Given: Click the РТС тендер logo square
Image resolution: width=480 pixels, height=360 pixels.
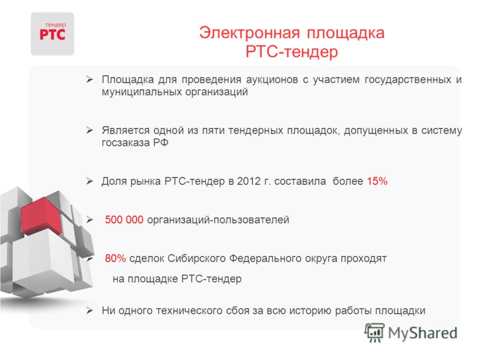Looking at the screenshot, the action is [52, 34].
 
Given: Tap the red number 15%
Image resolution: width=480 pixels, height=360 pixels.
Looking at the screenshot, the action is [377, 181].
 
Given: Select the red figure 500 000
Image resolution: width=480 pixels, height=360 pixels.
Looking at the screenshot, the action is [124, 220].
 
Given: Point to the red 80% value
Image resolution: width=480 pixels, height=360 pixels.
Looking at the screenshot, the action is [115, 259].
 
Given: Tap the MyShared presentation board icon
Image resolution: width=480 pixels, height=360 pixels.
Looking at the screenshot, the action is [374, 332].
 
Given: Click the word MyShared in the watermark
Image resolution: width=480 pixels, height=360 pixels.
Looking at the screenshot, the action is [422, 333].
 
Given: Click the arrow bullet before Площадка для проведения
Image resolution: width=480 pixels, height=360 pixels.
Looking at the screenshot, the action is [89, 80].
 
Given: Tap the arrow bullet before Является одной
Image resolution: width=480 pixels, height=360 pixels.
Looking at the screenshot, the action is [89, 130].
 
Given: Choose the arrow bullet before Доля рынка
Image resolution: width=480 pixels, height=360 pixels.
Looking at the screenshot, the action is [89, 181].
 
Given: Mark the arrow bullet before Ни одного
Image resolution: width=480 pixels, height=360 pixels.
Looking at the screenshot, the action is [89, 311].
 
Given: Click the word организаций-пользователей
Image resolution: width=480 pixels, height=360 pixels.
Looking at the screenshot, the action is [218, 220].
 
